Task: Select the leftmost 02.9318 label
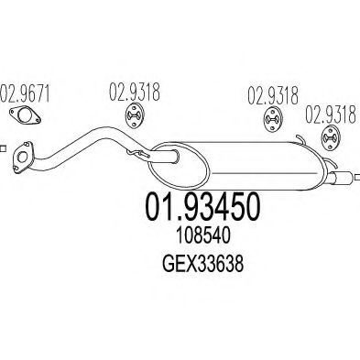tap(136, 93)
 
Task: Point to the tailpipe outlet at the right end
tap(346, 177)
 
